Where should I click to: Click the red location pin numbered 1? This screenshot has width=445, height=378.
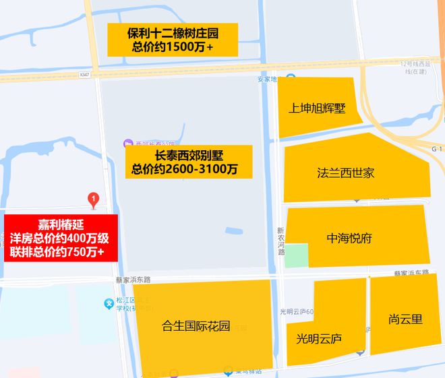tap(94, 199)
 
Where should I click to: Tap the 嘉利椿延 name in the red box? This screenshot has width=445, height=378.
tap(61, 224)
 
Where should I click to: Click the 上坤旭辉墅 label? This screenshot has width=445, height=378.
tap(317, 108)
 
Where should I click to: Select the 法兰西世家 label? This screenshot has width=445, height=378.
tap(345, 173)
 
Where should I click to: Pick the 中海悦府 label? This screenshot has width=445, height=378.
tap(349, 239)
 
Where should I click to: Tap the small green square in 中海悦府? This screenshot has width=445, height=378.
tap(295, 255)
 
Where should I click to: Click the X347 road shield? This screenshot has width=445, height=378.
tap(84, 74)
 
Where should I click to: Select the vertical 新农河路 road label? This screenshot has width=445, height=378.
tap(280, 241)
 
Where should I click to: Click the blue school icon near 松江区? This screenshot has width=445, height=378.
tap(109, 304)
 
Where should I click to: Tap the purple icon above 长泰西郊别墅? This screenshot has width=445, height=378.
tap(127, 144)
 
